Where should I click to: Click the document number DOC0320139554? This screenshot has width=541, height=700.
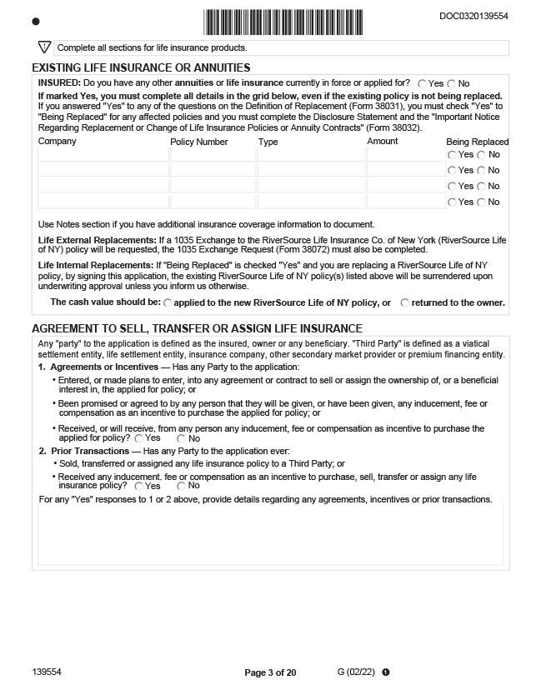pyautogui.click(x=473, y=16)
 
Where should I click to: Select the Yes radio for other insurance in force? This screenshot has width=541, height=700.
pyautogui.click(x=423, y=84)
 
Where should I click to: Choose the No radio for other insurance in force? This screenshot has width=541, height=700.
pyautogui.click(x=452, y=84)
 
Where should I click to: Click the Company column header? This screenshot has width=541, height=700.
pyautogui.click(x=58, y=142)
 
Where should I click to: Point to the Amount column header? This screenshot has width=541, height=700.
pyautogui.click(x=383, y=142)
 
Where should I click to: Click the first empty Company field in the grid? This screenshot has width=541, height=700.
pyautogui.click(x=103, y=155)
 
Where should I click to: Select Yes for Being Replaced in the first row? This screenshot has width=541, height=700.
pyautogui.click(x=452, y=155)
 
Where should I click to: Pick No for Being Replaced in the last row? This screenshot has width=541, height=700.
pyautogui.click(x=482, y=202)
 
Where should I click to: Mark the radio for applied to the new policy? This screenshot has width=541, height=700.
pyautogui.click(x=168, y=303)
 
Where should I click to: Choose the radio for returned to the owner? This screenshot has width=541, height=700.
pyautogui.click(x=405, y=303)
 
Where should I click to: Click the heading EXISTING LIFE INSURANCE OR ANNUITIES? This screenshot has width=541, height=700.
pyautogui.click(x=141, y=67)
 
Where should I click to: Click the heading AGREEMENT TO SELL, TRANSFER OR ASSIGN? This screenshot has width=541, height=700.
pyautogui.click(x=197, y=328)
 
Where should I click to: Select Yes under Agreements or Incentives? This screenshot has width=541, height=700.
pyautogui.click(x=139, y=438)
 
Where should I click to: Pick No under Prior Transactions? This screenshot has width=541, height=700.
pyautogui.click(x=181, y=486)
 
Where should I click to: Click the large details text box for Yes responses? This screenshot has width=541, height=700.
pyautogui.click(x=270, y=533)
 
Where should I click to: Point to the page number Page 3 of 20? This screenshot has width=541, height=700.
pyautogui.click(x=270, y=672)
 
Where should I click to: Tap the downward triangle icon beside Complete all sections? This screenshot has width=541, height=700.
pyautogui.click(x=45, y=47)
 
